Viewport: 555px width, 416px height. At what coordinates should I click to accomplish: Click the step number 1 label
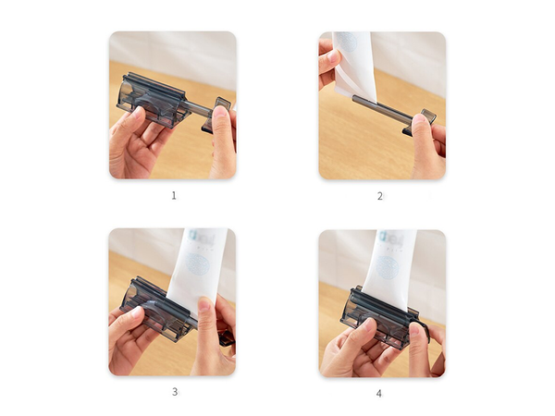coord(172,195)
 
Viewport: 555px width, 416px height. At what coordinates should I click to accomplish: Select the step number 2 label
coord(379,195)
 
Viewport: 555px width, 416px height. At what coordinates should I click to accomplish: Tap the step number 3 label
coord(174,391)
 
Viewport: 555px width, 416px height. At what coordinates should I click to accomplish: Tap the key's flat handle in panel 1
coord(222,106)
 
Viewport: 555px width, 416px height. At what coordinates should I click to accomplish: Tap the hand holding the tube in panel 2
coord(327,60)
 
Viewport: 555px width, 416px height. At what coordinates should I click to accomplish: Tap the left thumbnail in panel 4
coord(366,325)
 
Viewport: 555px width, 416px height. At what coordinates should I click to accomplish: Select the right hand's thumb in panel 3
coord(205,310)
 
